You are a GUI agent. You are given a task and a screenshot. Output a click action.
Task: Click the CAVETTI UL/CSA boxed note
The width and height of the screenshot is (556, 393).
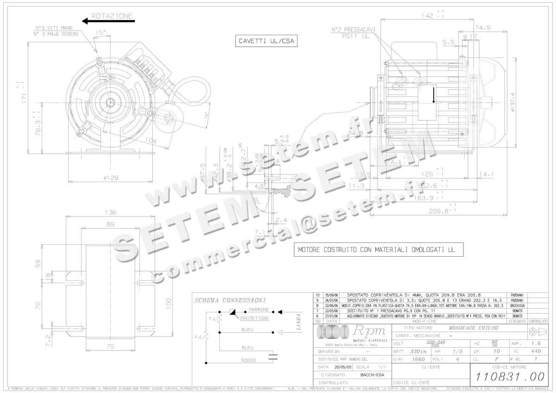click(x=265, y=41)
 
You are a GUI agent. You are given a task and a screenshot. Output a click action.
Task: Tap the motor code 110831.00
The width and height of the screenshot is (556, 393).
click(x=507, y=377)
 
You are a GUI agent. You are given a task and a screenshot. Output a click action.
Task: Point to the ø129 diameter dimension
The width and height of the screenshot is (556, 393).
click(x=111, y=177)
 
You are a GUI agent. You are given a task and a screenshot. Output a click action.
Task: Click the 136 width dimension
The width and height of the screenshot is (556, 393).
click(x=110, y=213)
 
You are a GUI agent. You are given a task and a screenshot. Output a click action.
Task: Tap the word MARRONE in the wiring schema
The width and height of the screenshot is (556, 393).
click(x=259, y=309)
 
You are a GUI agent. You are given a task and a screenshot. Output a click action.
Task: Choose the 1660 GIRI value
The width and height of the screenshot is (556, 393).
click(x=417, y=359)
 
